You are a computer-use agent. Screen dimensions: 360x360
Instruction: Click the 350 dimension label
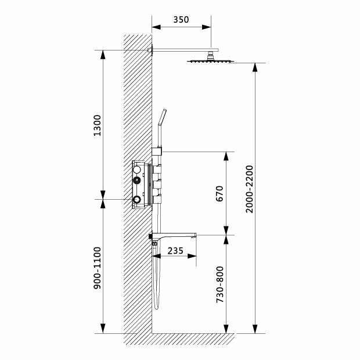181,20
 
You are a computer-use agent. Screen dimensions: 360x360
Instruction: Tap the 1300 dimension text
97,125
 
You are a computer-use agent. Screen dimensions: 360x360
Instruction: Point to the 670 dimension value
219,193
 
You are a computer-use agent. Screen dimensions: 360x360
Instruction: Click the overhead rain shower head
208,61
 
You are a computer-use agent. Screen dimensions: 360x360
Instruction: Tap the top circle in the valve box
136,171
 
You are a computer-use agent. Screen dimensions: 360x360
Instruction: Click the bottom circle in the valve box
136,201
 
